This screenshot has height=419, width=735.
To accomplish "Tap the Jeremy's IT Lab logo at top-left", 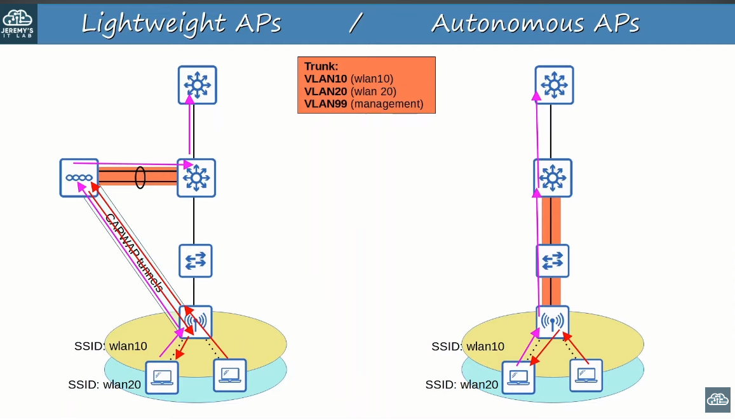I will (19, 23).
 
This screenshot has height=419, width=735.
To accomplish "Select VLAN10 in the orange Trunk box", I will (325, 79).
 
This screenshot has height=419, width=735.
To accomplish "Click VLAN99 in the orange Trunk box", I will (325, 103).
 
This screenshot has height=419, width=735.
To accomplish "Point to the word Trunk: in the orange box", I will (321, 66).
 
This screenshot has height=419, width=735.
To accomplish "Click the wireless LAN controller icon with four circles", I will (79, 178).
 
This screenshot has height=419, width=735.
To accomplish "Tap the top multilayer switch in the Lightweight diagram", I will (197, 85).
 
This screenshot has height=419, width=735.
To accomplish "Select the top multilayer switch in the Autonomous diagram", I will (554, 85).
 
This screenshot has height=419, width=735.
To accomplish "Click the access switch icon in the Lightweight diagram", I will (195, 261).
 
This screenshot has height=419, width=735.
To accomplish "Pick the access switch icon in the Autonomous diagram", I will (552, 261).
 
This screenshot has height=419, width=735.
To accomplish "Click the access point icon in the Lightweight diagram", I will (195, 322).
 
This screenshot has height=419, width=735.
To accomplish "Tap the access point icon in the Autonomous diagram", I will (552, 322).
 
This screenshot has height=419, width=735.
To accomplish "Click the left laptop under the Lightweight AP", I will (162, 377).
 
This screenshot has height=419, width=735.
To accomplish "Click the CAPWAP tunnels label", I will (134, 253).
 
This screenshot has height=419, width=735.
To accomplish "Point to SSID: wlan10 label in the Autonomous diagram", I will (468, 347).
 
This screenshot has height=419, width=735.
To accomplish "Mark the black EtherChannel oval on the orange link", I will (140, 178).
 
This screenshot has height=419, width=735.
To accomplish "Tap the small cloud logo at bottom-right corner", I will (718, 400).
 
